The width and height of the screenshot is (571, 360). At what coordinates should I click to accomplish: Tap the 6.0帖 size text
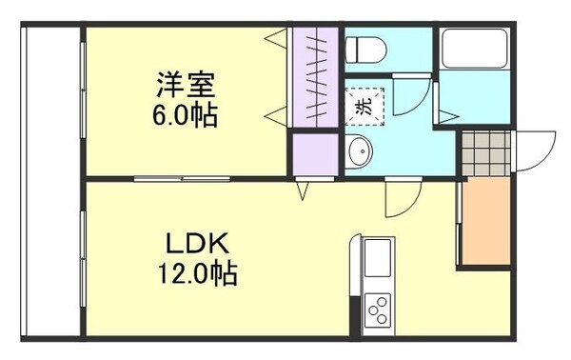(187, 116)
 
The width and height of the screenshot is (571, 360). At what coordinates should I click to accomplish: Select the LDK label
(198, 245)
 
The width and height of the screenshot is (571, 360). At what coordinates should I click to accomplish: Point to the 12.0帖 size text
(198, 275)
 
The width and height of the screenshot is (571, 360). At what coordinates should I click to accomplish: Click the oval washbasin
(359, 150)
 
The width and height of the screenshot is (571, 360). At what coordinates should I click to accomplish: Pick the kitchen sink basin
(376, 259)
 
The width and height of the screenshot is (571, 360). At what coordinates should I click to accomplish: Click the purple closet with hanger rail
(314, 76)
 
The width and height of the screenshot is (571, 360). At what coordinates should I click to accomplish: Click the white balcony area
(51, 181)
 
